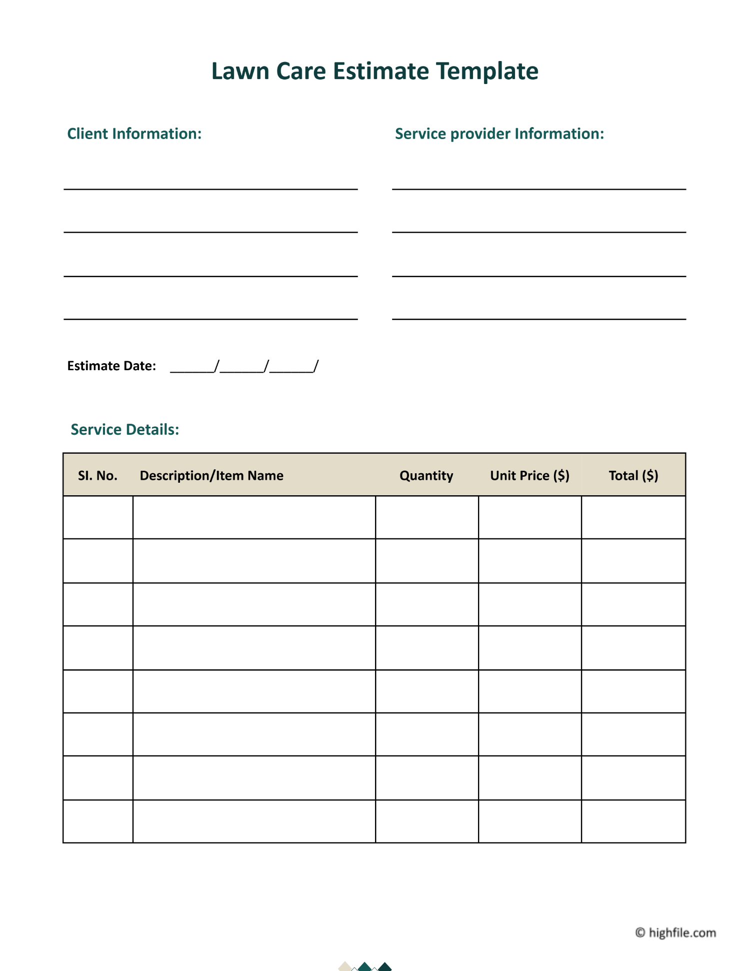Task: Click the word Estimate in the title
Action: click(x=380, y=71)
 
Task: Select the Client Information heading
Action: click(x=134, y=134)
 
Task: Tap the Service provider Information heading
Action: click(x=499, y=134)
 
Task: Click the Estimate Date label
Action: click(x=111, y=366)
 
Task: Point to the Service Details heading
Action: click(x=124, y=429)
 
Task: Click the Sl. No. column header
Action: click(x=97, y=475)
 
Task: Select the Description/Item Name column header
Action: click(x=211, y=475)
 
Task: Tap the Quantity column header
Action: click(x=426, y=475)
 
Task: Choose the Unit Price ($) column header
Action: click(x=529, y=475)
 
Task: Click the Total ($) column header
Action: click(x=633, y=475)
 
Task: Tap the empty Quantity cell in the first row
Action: click(x=426, y=517)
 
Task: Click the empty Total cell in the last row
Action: click(x=633, y=821)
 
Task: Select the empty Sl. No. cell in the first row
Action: click(x=98, y=517)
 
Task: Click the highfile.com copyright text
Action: click(x=675, y=932)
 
